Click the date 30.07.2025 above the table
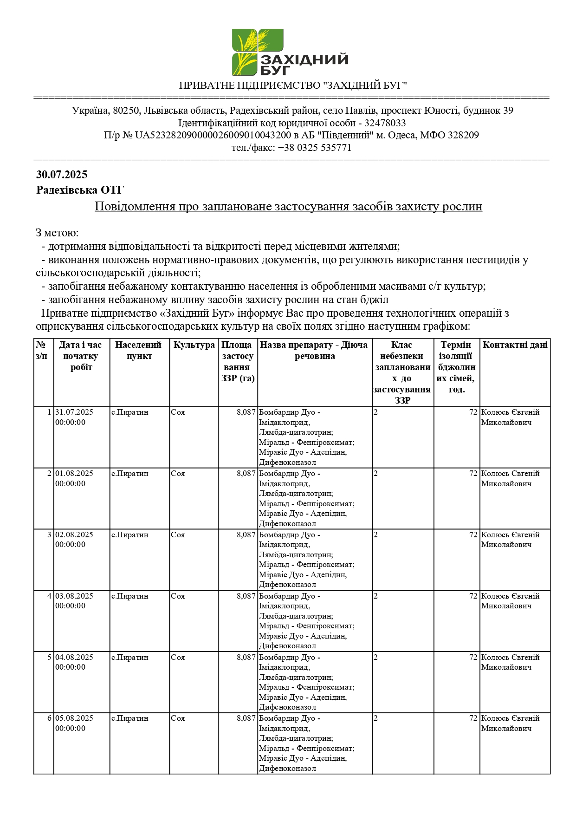62,175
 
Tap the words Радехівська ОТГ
80,190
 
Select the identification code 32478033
385,123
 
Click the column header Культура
194,345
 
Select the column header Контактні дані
515,345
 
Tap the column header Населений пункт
139,351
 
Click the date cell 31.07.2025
74,412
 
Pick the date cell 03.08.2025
74,596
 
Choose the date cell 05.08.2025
74,718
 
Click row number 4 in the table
49,596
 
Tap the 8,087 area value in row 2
246,474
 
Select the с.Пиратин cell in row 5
130,658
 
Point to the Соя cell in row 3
178,535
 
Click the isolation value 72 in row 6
473,718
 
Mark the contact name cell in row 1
510,417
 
